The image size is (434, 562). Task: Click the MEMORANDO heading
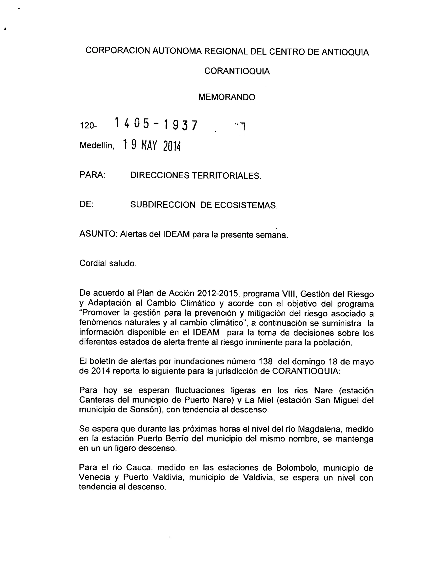[227, 97]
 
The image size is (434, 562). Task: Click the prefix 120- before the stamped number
[88, 126]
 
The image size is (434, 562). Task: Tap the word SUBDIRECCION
[163, 205]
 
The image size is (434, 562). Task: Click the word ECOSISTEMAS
[246, 205]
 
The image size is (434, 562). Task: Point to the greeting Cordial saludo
[108, 263]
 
